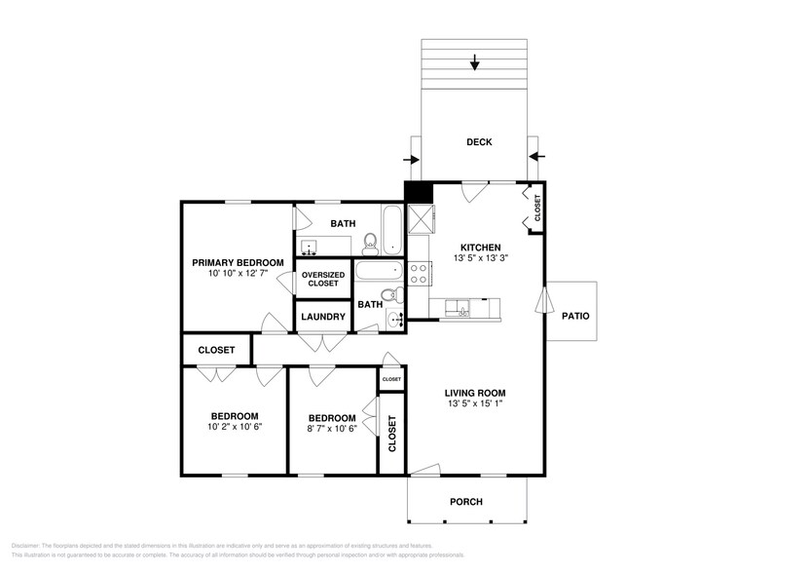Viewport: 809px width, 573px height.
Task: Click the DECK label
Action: (479, 142)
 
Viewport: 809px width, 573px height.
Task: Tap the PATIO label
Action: (575, 316)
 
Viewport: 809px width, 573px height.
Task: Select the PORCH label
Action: (465, 502)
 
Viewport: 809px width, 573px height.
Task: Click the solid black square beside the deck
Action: (419, 193)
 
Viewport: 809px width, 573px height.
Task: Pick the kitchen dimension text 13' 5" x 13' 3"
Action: (480, 259)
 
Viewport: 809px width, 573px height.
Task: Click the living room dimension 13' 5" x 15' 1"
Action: (476, 403)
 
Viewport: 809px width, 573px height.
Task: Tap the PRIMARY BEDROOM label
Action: (238, 262)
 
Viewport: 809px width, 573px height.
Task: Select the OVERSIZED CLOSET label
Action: (323, 279)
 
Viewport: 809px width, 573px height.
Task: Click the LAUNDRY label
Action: (322, 317)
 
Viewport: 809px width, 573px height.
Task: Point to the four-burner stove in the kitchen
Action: (420, 273)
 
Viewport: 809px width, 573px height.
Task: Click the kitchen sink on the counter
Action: (457, 309)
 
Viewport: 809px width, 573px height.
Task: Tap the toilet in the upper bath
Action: (370, 241)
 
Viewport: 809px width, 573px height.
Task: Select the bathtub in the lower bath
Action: (379, 271)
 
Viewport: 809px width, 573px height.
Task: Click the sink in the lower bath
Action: (395, 318)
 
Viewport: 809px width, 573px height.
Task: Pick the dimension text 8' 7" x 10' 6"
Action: (331, 427)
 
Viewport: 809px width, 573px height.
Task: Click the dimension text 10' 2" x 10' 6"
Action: (234, 426)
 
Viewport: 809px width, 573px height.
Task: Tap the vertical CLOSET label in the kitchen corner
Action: (536, 208)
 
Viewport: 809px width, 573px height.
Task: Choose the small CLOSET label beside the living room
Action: (391, 379)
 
